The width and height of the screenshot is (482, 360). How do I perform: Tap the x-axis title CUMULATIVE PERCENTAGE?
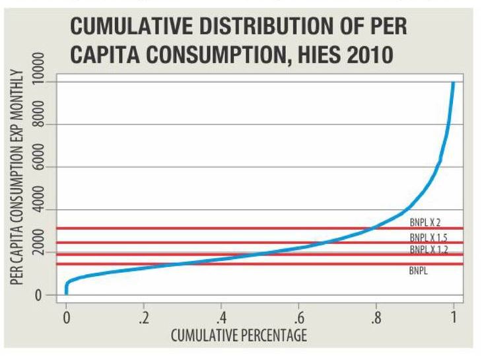[x=239, y=336]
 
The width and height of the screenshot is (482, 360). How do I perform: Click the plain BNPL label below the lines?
[x=417, y=270]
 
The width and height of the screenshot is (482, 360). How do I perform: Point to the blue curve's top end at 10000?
[x=453, y=84]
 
